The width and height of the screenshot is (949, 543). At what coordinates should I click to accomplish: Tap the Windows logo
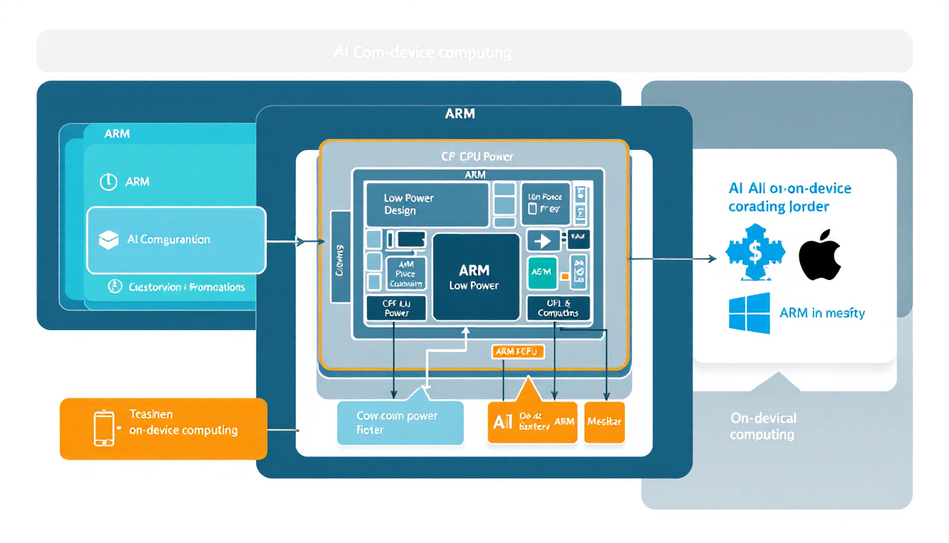click(x=749, y=313)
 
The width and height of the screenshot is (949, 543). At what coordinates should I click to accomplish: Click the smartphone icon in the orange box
click(x=104, y=428)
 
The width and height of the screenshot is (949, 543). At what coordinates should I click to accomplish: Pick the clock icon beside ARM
click(x=108, y=182)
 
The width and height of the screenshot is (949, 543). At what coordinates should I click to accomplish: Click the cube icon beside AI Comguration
click(x=108, y=240)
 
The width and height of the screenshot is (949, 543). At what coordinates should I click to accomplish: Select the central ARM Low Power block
click(x=474, y=277)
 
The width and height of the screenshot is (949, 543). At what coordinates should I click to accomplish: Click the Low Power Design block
click(x=426, y=204)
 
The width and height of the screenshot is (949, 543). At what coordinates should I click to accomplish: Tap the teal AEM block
click(x=542, y=272)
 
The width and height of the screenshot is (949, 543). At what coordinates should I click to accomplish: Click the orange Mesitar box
click(x=604, y=422)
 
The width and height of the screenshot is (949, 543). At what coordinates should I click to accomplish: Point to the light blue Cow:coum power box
click(x=400, y=423)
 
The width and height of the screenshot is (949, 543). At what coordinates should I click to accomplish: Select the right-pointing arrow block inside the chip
click(x=542, y=240)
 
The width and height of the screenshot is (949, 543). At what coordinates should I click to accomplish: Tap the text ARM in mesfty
click(x=822, y=313)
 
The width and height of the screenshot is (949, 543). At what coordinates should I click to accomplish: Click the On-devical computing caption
click(x=763, y=426)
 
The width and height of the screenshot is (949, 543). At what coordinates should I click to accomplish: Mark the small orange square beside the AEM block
click(x=564, y=276)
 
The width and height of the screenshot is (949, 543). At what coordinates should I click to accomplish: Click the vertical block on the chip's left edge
click(x=340, y=257)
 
